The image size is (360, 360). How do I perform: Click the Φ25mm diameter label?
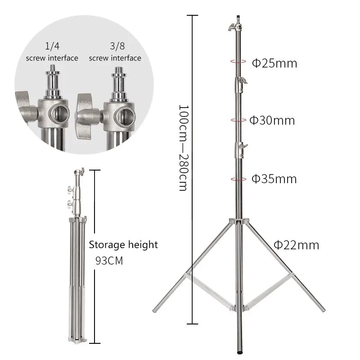pyautogui.click(x=274, y=63)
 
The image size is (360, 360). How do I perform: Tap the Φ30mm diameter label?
pyautogui.click(x=272, y=120)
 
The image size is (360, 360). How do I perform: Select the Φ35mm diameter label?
pyautogui.click(x=274, y=179)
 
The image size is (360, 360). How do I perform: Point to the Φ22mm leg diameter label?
pyautogui.click(x=297, y=245)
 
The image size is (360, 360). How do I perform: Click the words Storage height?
pyautogui.click(x=123, y=245)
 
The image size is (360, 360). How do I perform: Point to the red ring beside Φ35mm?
pyautogui.click(x=238, y=179)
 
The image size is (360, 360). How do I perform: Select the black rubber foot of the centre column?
pyautogui.click(x=238, y=347)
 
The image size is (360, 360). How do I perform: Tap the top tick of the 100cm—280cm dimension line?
pyautogui.click(x=192, y=15)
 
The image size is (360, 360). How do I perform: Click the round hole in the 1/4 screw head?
pyautogui.click(x=59, y=112)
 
